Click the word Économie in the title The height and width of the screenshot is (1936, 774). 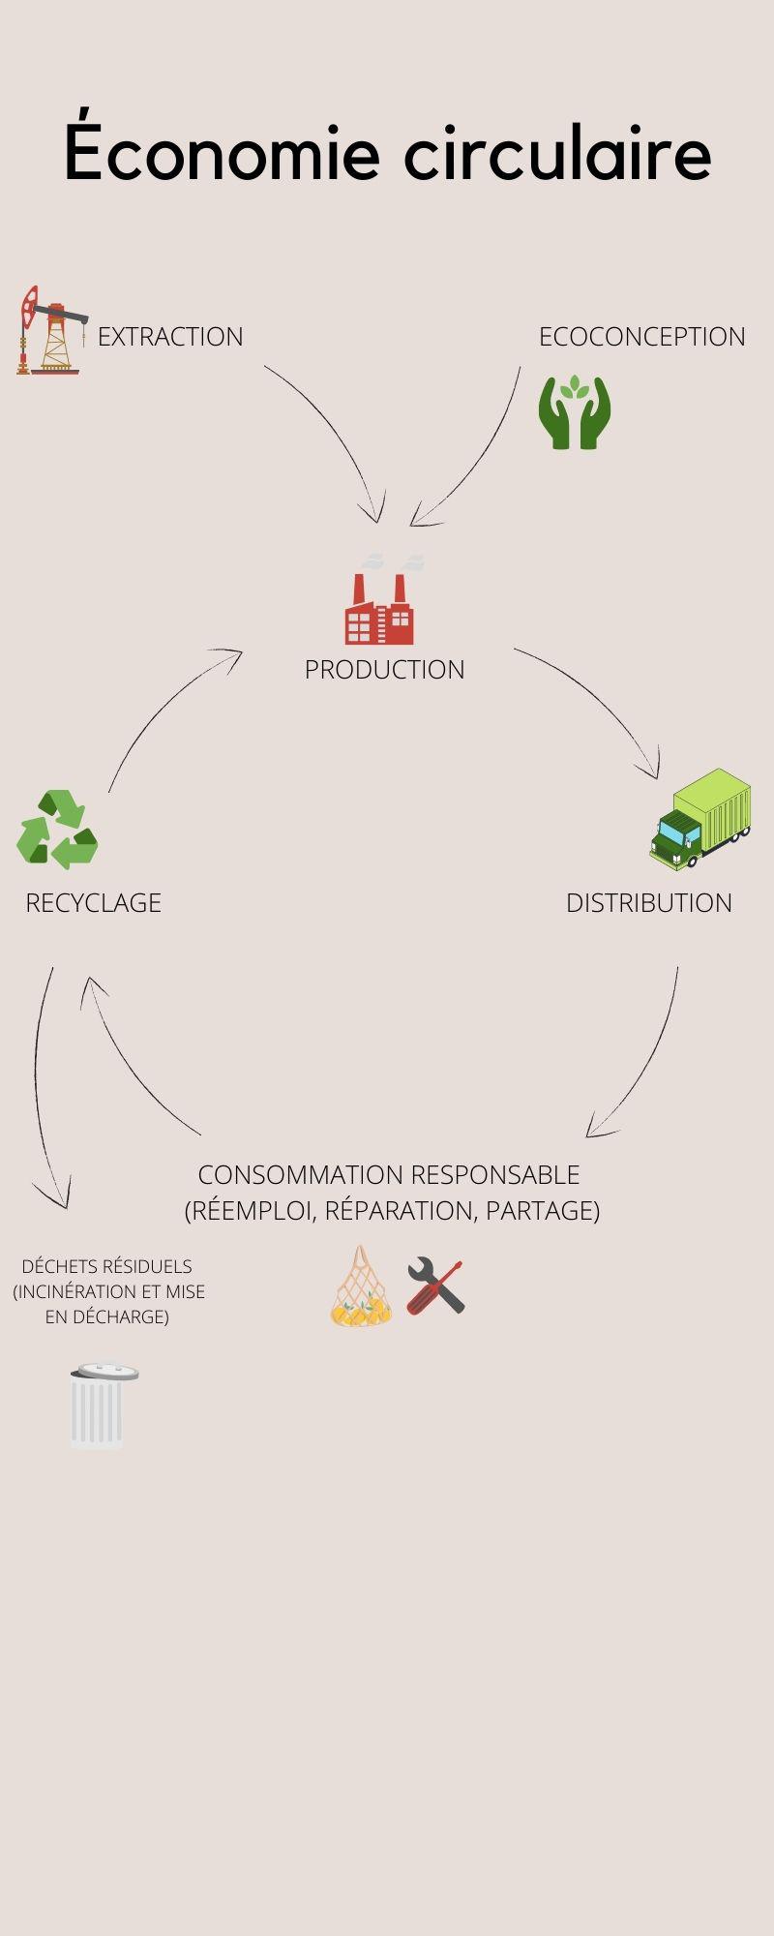click(222, 153)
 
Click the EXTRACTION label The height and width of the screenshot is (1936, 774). click(170, 337)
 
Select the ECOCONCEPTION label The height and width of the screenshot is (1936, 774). click(641, 337)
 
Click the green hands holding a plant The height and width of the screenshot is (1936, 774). click(575, 411)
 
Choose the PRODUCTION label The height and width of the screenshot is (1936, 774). click(384, 670)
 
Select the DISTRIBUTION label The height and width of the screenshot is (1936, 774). click(648, 903)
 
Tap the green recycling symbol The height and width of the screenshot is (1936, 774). click(57, 829)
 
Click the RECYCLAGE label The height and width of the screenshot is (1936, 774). click(93, 903)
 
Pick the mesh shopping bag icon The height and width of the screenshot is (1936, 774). click(362, 1287)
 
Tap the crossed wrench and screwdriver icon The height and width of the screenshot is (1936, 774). click(435, 1286)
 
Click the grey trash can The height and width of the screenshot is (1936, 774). click(100, 1406)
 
